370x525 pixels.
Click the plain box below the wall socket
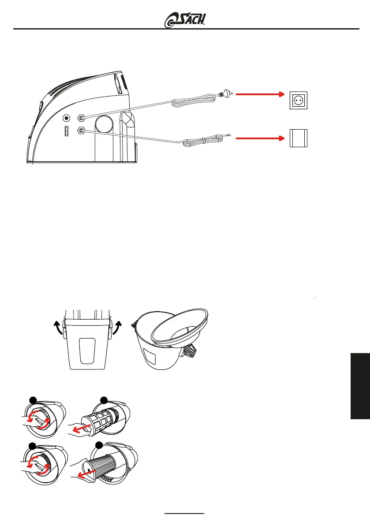(x=299, y=138)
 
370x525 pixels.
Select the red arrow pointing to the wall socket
(x=260, y=94)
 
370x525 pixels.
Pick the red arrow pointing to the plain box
(x=260, y=138)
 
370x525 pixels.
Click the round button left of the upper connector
(x=67, y=118)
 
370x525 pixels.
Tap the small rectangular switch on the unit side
(x=66, y=131)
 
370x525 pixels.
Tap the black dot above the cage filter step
(x=104, y=400)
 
